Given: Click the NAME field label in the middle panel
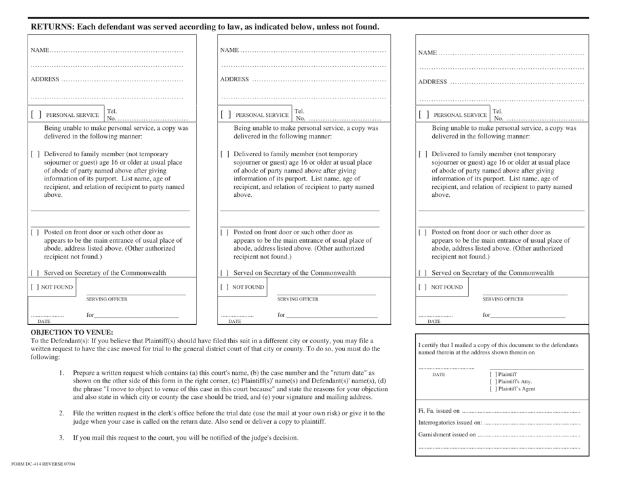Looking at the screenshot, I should pos(230,51).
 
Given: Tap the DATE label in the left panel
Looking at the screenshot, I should pos(45,322).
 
